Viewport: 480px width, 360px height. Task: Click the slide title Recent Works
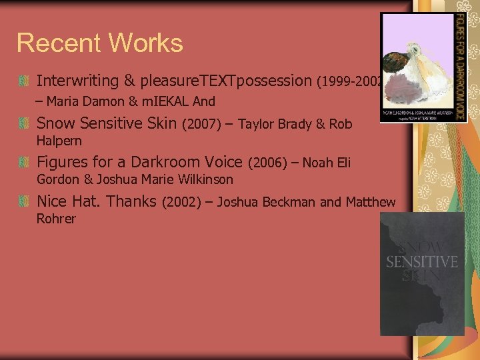click(x=99, y=43)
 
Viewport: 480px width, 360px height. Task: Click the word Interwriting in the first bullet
click(x=77, y=81)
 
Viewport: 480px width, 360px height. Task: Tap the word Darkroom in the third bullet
click(x=166, y=162)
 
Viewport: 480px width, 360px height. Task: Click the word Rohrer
click(x=56, y=219)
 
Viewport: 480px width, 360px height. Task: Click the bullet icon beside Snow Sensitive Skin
click(x=23, y=124)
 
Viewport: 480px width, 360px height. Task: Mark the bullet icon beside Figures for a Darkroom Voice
click(x=23, y=163)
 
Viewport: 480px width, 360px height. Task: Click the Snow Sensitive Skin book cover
click(x=421, y=273)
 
